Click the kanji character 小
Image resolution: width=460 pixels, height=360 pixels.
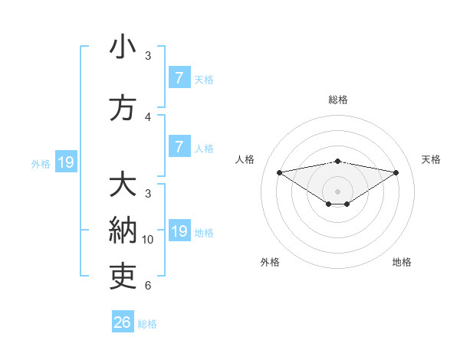(123, 47)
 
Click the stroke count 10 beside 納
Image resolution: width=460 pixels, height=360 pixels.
(148, 240)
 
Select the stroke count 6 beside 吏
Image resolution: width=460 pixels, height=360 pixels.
(148, 286)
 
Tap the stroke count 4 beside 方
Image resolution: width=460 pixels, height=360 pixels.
(148, 116)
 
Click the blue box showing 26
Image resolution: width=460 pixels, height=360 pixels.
(122, 322)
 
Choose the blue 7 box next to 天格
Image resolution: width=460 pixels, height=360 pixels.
(179, 78)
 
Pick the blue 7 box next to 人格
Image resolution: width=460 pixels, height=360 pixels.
(179, 147)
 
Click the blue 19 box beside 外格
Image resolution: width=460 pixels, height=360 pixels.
(65, 162)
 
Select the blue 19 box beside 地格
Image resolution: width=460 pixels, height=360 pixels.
(179, 231)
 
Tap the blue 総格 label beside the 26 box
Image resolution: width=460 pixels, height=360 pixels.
(147, 324)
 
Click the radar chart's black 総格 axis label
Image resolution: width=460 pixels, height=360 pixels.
(337, 100)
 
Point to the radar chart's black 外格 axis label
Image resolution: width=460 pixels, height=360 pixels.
(270, 262)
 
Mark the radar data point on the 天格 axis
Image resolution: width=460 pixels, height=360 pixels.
(396, 172)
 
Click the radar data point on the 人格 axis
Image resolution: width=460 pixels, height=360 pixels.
(279, 172)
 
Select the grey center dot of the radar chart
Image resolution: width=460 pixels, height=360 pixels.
(337, 191)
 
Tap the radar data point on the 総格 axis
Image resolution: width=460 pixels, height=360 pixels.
(337, 161)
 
